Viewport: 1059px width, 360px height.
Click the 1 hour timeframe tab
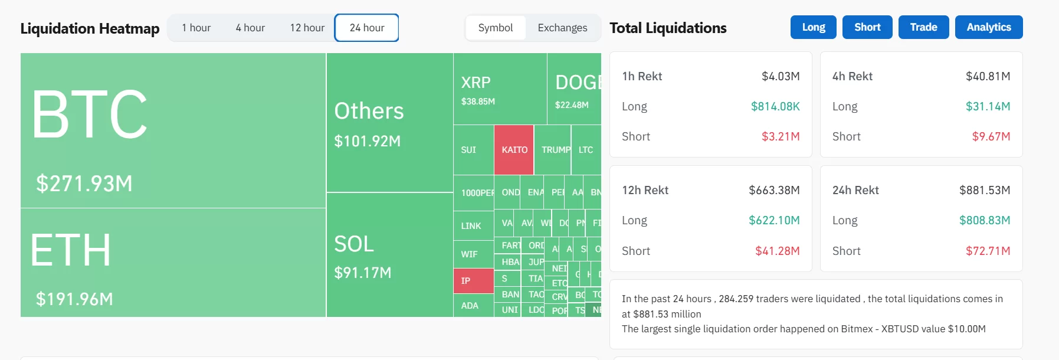coord(196,28)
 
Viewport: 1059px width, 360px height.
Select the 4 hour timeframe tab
coord(250,28)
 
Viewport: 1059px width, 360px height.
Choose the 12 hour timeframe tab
coord(307,28)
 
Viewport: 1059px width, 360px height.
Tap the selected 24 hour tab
coord(366,28)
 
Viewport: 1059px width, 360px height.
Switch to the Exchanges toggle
coord(562,28)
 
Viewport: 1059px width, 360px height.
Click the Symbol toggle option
coord(495,28)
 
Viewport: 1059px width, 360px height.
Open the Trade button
coord(923,27)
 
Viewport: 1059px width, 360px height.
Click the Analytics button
coord(988,27)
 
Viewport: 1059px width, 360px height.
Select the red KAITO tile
coord(514,150)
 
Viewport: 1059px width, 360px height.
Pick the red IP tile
coord(473,281)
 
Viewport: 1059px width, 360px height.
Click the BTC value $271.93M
coord(84,184)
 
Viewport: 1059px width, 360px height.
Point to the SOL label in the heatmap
coord(354,244)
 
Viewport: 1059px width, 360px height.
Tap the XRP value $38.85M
coord(478,102)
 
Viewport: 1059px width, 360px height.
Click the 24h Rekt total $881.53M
coord(984,190)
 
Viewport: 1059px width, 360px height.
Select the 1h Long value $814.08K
coord(775,106)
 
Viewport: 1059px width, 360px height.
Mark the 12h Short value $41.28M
coord(777,251)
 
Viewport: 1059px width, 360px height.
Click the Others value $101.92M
coord(367,141)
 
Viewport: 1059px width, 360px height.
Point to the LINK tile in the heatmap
coord(471,226)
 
